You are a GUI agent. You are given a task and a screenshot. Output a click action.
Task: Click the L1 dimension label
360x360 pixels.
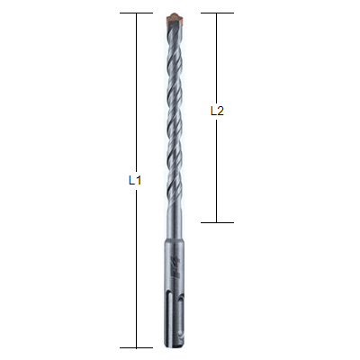click(x=135, y=180)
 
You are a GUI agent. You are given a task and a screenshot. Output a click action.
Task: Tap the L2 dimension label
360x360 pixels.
click(x=217, y=111)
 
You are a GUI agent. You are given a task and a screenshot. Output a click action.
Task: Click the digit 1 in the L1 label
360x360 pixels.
click(x=139, y=180)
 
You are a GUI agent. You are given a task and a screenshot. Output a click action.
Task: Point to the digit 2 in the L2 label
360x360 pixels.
click(x=220, y=111)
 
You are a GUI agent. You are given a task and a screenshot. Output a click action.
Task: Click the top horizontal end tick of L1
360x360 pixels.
click(x=137, y=13)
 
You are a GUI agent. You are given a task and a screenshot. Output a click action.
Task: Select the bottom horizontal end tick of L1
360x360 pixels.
click(x=137, y=348)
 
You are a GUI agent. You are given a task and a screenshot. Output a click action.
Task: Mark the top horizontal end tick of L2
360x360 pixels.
click(x=217, y=13)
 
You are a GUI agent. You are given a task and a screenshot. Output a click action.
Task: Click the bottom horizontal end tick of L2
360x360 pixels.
click(x=217, y=222)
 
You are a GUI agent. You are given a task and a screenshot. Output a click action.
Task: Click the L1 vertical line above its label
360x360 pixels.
click(x=137, y=94)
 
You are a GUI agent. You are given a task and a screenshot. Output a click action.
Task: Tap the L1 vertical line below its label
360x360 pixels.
click(x=137, y=268)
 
